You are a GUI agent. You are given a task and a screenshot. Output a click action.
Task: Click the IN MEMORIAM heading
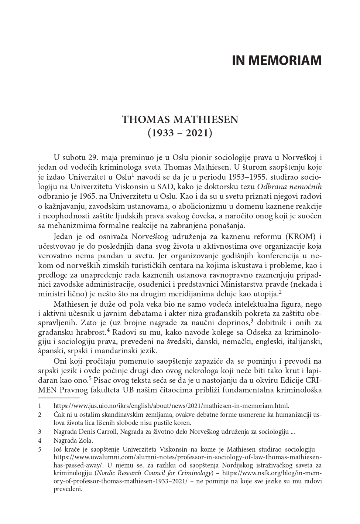coord(277,60)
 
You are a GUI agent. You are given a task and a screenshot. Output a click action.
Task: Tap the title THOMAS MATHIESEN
coord(180,120)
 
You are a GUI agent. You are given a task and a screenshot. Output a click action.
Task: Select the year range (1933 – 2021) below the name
coord(180,133)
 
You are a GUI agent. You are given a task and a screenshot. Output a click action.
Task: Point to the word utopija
coord(265,294)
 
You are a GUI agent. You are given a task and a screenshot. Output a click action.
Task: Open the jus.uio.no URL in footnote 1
coord(171,406)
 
